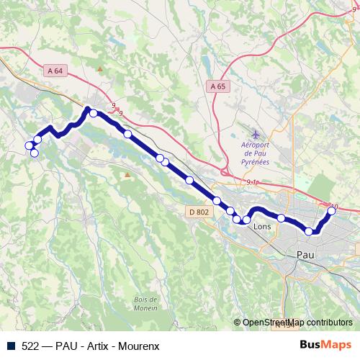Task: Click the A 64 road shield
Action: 55,70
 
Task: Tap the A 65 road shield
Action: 217,86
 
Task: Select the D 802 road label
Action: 199,212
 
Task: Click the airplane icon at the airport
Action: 257,135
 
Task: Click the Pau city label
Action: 305,254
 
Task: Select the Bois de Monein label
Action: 145,304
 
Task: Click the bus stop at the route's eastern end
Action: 332,211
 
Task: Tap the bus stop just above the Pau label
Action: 310,231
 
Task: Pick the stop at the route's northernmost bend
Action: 93,113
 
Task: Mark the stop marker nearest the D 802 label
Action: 217,200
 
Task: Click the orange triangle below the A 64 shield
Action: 99,69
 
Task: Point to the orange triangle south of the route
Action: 127,174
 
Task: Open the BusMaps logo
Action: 325,345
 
